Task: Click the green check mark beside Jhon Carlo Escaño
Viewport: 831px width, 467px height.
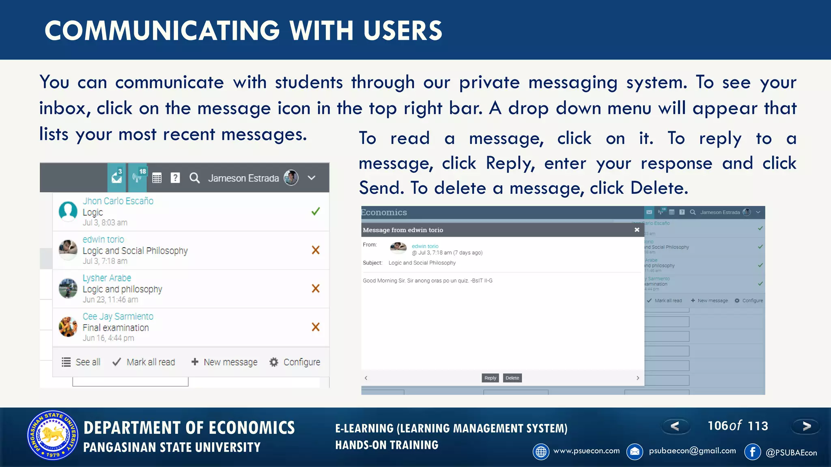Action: tap(315, 211)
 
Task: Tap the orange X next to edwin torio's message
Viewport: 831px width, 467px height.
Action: tap(315, 250)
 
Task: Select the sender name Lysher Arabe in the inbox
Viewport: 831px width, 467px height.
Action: tap(107, 278)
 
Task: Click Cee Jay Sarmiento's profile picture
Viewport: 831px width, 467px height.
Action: tap(68, 327)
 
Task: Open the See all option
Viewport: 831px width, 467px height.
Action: tap(81, 362)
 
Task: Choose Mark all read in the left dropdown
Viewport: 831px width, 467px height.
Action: tap(144, 362)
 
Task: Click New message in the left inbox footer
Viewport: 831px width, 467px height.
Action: tap(224, 362)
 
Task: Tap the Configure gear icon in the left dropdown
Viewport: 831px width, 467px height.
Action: tap(274, 362)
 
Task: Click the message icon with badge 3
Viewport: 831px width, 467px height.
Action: tap(117, 178)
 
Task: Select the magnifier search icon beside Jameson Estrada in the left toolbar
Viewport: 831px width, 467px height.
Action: tap(195, 178)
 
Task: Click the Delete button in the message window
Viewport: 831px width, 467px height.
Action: tap(512, 378)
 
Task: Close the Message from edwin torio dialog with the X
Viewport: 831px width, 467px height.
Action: tap(637, 230)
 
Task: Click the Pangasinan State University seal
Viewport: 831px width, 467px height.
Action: tap(53, 435)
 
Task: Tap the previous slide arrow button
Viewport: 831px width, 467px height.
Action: tap(675, 426)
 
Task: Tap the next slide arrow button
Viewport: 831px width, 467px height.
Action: tap(806, 426)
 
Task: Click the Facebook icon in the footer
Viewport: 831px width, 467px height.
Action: tap(752, 452)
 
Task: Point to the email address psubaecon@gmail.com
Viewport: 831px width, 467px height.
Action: tap(692, 451)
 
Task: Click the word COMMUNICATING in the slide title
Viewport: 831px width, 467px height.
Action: tap(162, 31)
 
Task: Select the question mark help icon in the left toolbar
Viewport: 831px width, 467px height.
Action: tap(175, 178)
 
